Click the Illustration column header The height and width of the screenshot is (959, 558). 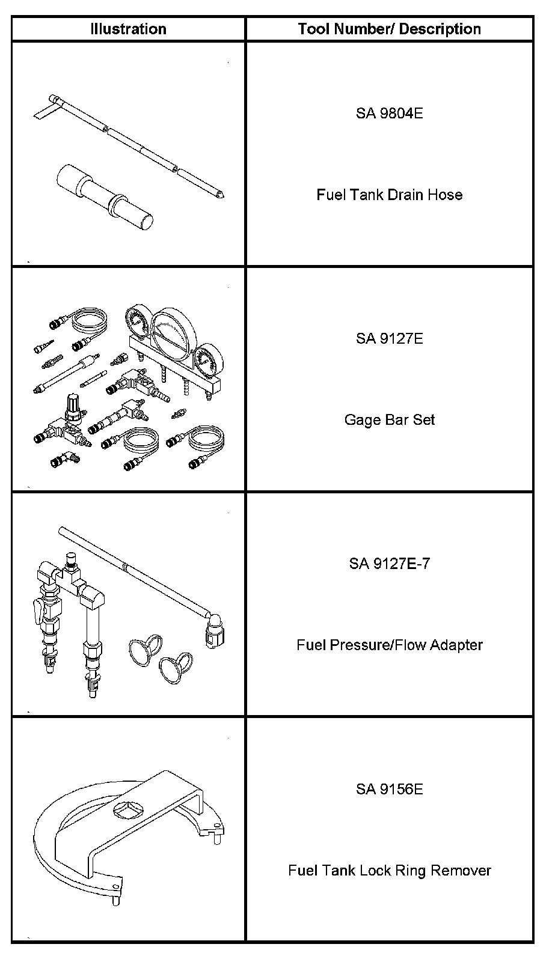(128, 29)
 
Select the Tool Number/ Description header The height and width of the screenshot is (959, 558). (389, 29)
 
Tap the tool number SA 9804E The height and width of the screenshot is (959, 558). (389, 113)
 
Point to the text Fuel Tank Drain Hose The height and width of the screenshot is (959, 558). (389, 195)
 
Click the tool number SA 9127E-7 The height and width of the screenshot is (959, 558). (389, 564)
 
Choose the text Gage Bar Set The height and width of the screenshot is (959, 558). (389, 419)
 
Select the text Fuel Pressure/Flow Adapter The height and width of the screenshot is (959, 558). (389, 645)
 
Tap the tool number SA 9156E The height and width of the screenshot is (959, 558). (389, 789)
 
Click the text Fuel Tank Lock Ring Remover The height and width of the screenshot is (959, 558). (389, 870)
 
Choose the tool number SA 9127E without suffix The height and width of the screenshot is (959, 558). (389, 338)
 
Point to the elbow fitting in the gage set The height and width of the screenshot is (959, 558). (73, 456)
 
